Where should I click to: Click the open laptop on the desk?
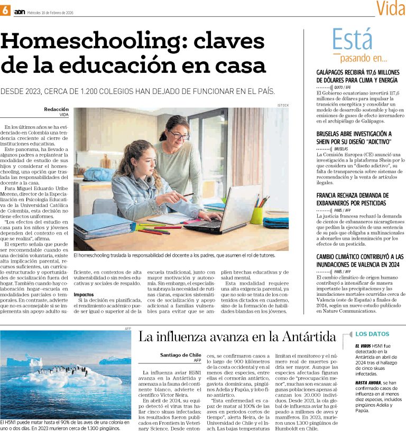tap(227, 210)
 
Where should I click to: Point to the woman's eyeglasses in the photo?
tap(178, 136)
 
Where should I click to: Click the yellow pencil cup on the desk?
tap(257, 214)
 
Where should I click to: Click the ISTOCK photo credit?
tap(283, 105)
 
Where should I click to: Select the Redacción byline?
tap(57, 109)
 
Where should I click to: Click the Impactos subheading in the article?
tap(84, 294)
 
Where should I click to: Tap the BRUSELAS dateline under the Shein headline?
tap(341, 149)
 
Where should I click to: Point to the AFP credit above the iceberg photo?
tap(127, 327)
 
